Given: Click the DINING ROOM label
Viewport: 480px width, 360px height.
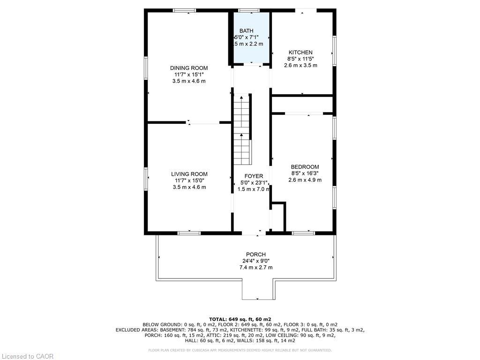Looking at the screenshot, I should [x=189, y=68].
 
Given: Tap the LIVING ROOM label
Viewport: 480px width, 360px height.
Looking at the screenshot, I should [x=189, y=174].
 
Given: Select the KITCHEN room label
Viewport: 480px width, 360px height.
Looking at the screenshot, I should [x=300, y=52].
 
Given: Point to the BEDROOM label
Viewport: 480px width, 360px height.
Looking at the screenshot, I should [x=305, y=167].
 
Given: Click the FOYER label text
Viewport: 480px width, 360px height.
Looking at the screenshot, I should [x=254, y=176].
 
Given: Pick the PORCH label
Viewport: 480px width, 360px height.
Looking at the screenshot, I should [x=255, y=255].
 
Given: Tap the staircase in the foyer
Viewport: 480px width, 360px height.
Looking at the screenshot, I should [x=243, y=129].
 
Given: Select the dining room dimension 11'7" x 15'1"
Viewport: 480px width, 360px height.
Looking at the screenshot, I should [x=189, y=75].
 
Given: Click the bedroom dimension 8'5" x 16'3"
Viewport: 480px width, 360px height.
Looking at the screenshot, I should [x=305, y=173].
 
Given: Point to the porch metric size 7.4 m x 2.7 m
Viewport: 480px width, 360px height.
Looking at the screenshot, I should [x=255, y=267].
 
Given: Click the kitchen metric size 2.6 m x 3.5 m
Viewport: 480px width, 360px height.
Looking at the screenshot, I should [x=300, y=65].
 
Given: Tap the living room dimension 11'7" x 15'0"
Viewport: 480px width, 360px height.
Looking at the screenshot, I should [x=189, y=180].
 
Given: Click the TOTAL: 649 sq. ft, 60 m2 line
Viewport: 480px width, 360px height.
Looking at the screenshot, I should [x=240, y=319].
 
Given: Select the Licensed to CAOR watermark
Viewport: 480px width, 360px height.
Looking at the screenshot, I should [x=27, y=356].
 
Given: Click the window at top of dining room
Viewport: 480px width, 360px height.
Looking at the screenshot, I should [x=184, y=10].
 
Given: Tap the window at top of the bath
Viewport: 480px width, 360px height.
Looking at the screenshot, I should [x=248, y=10].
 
